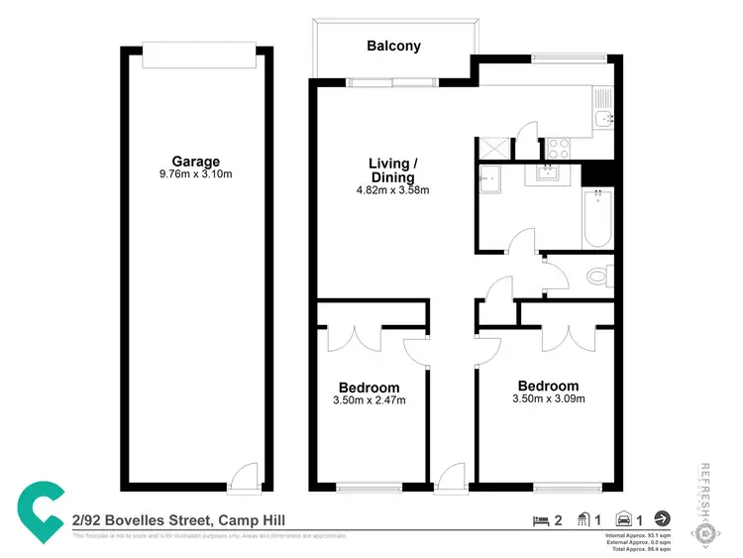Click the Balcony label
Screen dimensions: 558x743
[x=393, y=46]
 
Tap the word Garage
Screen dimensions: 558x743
[x=195, y=162]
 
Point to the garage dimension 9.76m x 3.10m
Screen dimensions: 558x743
[x=195, y=174]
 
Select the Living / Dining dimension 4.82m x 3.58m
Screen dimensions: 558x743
[x=392, y=190]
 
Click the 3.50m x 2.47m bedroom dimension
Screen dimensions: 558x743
[x=369, y=400]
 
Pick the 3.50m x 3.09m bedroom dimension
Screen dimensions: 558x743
[x=548, y=398]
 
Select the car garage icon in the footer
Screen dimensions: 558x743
[x=624, y=517]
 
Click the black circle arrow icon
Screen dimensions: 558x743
[x=662, y=517]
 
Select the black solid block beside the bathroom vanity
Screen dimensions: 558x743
[x=595, y=173]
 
